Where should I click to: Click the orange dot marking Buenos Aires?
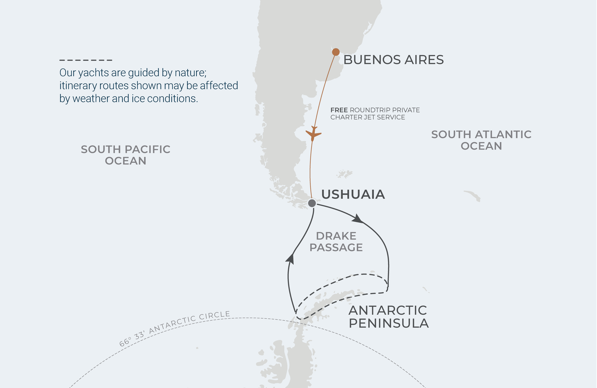(336, 52)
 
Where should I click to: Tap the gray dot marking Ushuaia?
(312, 203)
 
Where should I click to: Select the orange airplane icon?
(313, 134)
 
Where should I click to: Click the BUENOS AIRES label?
(393, 60)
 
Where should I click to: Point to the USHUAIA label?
(353, 194)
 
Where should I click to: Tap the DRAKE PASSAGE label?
(336, 242)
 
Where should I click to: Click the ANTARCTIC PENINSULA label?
(388, 317)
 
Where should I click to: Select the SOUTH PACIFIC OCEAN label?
(125, 155)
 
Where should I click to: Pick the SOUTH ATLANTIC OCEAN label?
(481, 140)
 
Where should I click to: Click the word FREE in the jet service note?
(339, 110)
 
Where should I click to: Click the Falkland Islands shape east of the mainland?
(345, 173)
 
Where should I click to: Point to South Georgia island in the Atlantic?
(473, 195)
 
